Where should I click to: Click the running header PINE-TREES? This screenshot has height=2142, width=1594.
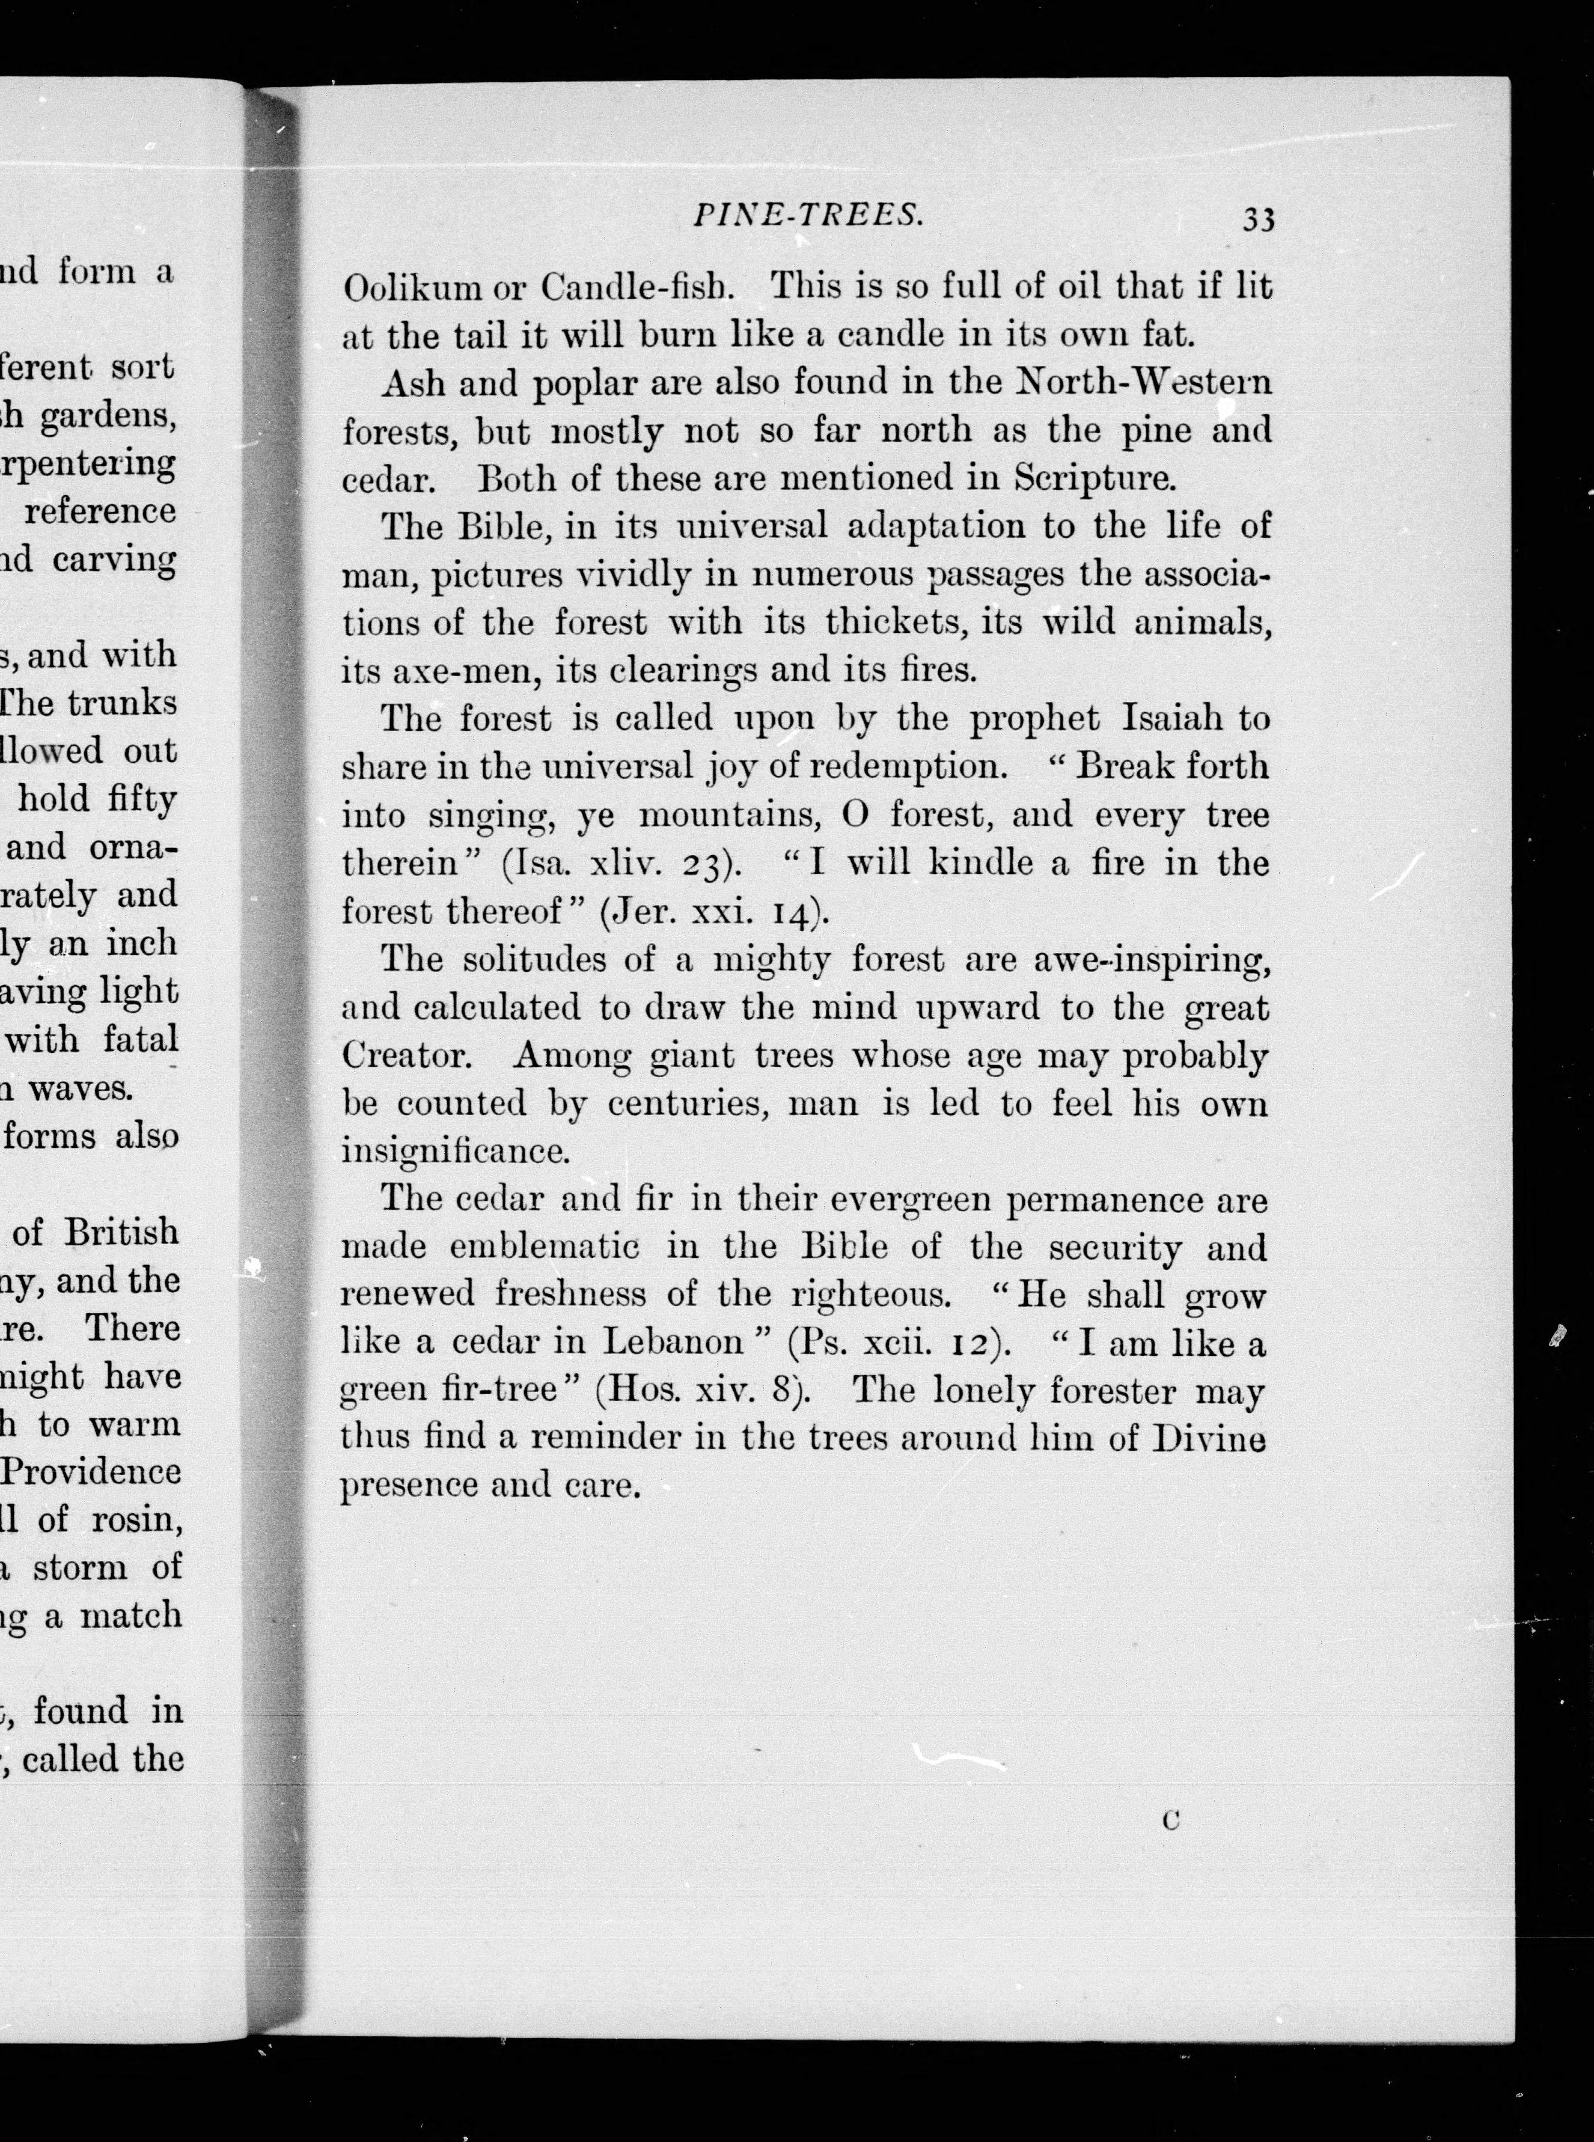point(808,216)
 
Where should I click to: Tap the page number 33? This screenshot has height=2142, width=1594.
point(1258,220)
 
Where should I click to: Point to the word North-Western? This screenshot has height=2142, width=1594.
point(1144,383)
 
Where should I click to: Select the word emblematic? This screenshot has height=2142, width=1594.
point(544,1246)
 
